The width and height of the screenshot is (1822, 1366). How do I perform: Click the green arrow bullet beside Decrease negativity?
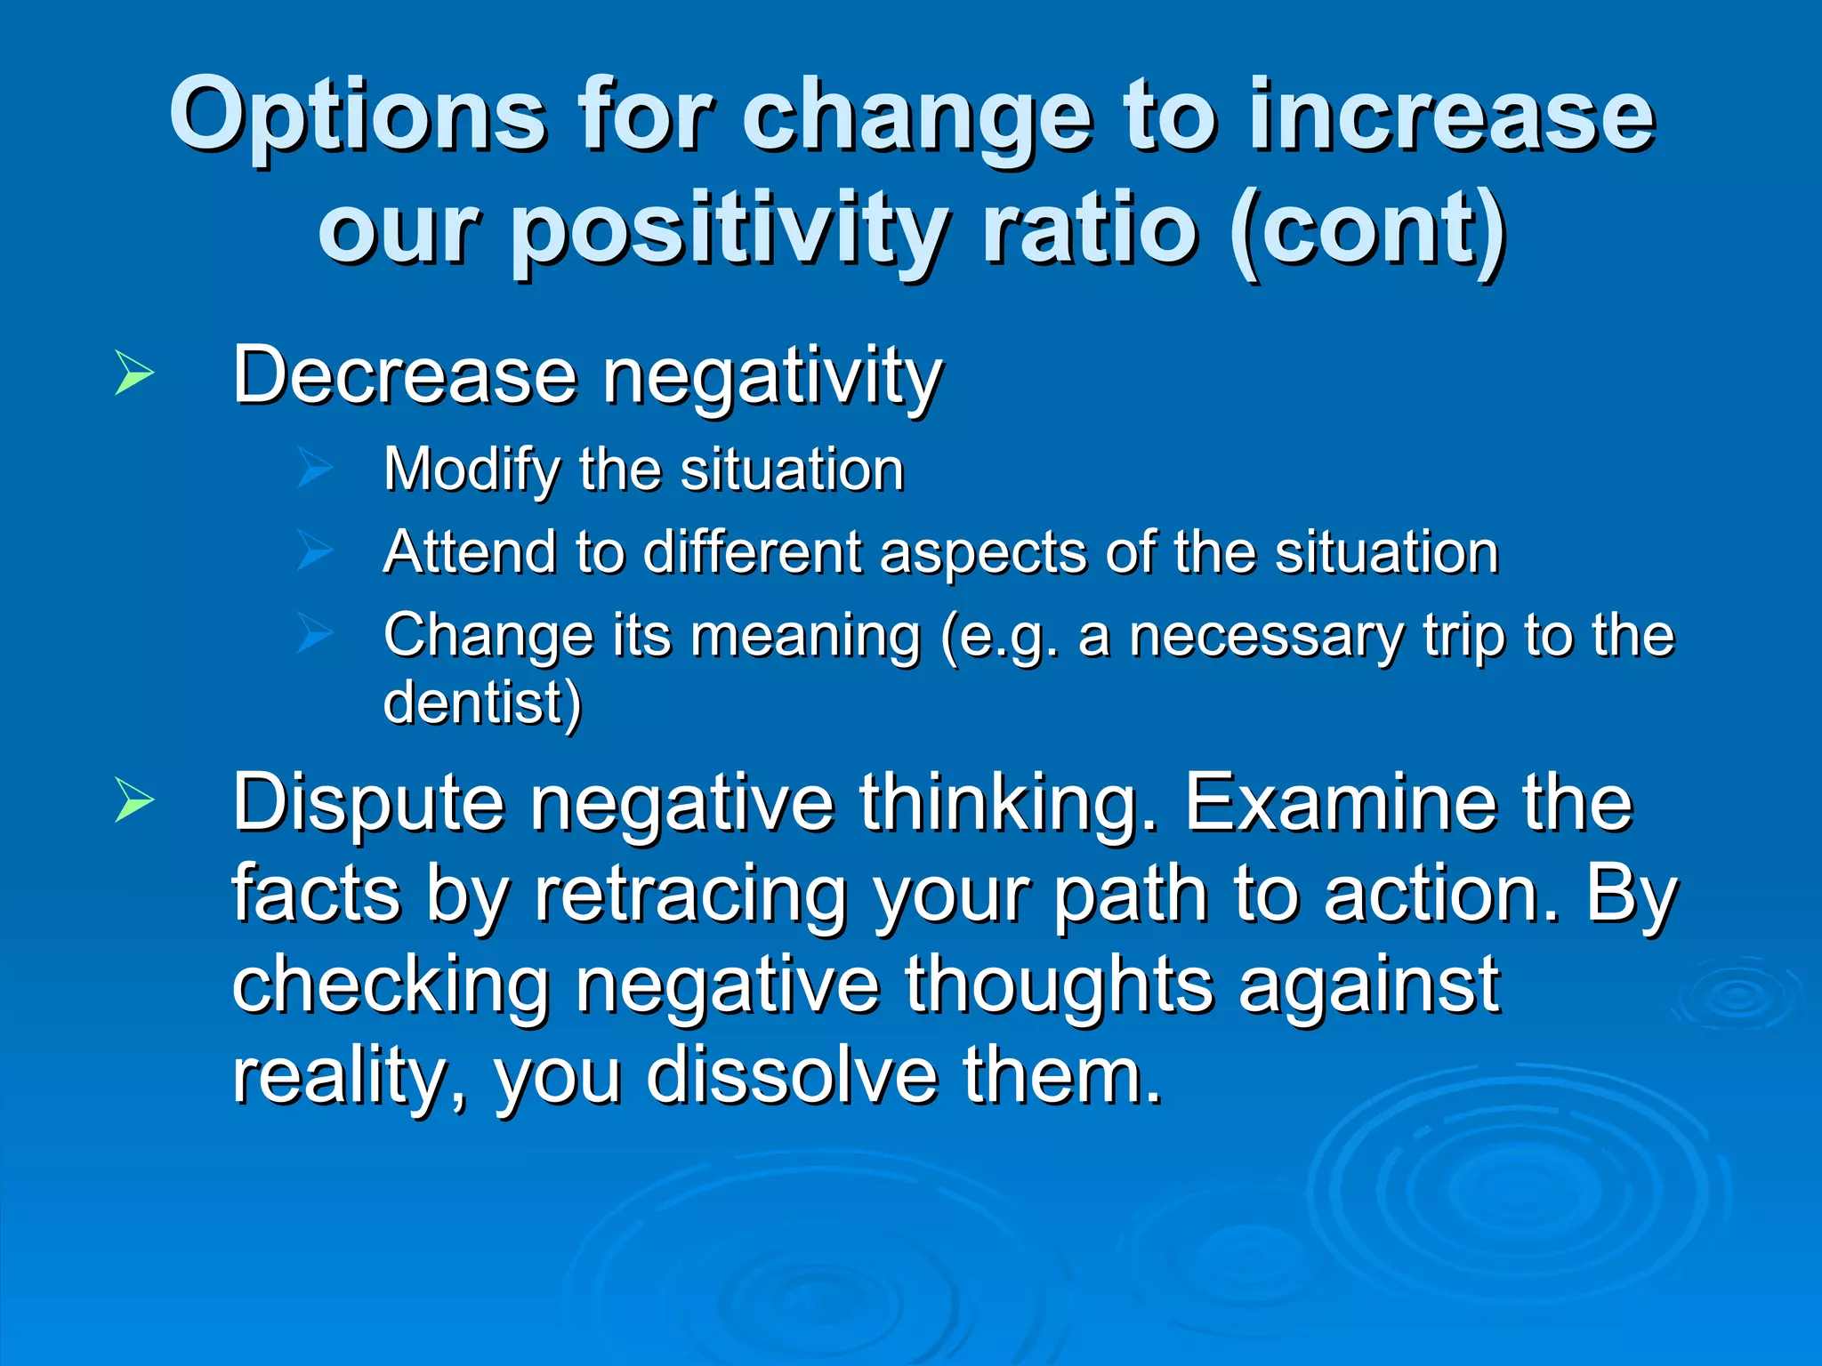tap(134, 374)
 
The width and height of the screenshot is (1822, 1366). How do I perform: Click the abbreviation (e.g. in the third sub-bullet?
tap(1001, 637)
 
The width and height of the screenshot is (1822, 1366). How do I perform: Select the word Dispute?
tap(369, 804)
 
